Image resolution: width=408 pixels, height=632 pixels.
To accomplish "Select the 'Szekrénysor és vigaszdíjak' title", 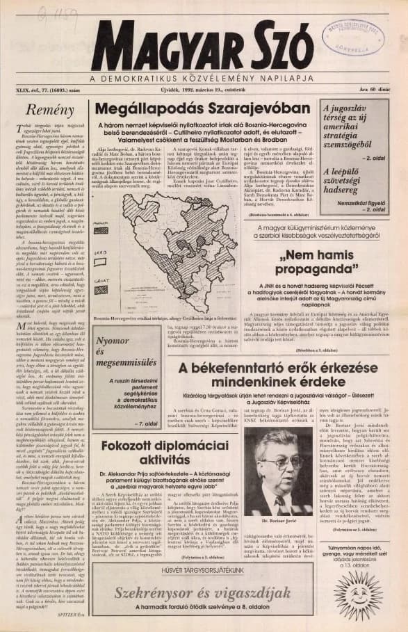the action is (x=202, y=593).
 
